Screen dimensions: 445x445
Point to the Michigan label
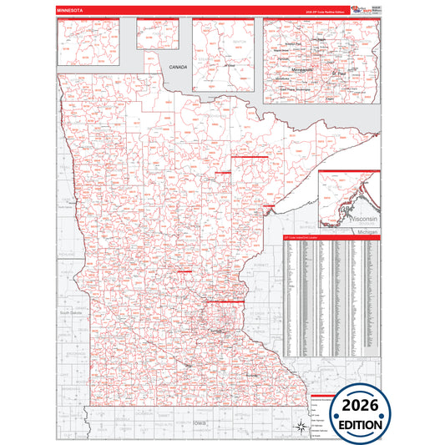[x=368, y=230]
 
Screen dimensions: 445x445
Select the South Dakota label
[x=66, y=311]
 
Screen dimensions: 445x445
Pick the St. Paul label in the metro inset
[x=339, y=73]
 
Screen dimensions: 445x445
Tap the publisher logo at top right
[x=356, y=8]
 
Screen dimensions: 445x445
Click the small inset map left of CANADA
[x=157, y=34]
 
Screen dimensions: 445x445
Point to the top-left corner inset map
[x=94, y=44]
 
